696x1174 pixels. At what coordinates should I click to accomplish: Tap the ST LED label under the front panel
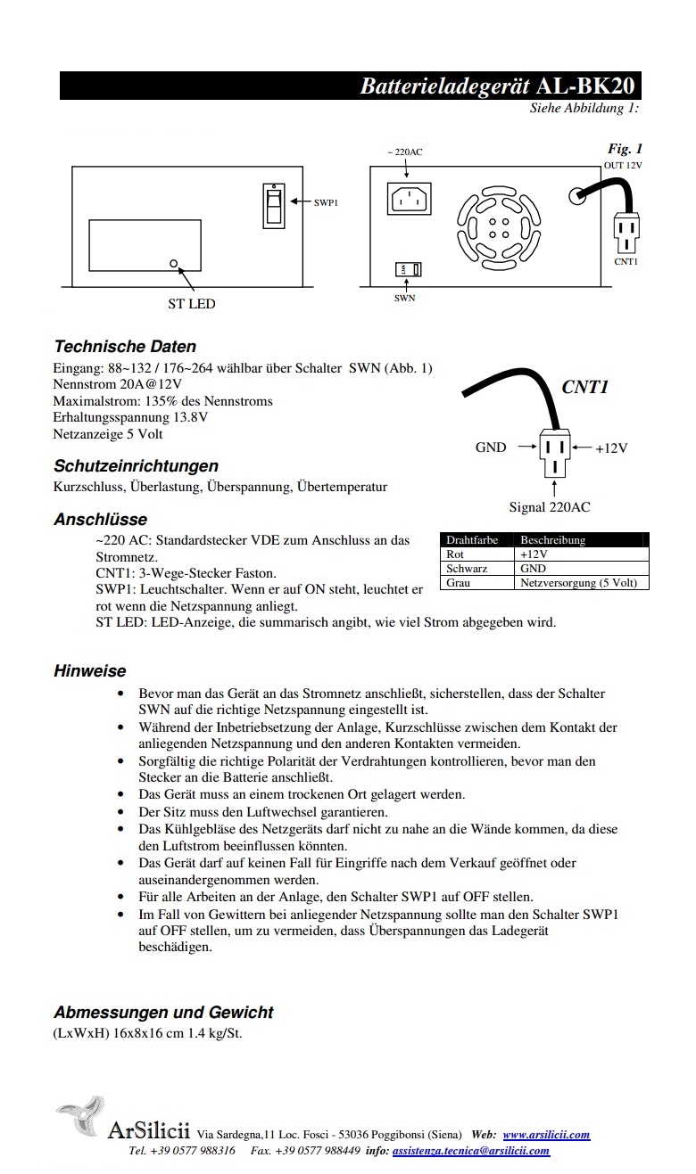(192, 304)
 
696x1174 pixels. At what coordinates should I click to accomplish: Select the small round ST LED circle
(174, 264)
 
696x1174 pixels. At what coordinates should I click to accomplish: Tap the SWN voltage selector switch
(408, 269)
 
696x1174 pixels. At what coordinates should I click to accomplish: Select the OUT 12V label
(623, 166)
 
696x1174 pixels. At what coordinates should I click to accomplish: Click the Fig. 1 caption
(625, 149)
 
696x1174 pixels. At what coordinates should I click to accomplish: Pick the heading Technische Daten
(125, 347)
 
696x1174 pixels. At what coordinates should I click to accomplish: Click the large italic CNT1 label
(584, 387)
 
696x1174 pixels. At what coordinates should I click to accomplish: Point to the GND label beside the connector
(491, 447)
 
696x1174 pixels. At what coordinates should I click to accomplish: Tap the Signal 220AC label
(550, 507)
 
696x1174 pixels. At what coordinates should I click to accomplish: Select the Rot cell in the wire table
(455, 554)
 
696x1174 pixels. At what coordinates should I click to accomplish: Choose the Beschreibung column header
(552, 540)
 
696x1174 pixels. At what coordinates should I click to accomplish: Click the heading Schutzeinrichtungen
(136, 466)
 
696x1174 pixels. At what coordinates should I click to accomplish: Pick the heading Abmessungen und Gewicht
(163, 1013)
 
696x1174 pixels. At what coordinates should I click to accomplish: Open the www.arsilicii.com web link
(546, 1135)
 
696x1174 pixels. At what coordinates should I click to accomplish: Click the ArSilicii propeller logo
(80, 1118)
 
